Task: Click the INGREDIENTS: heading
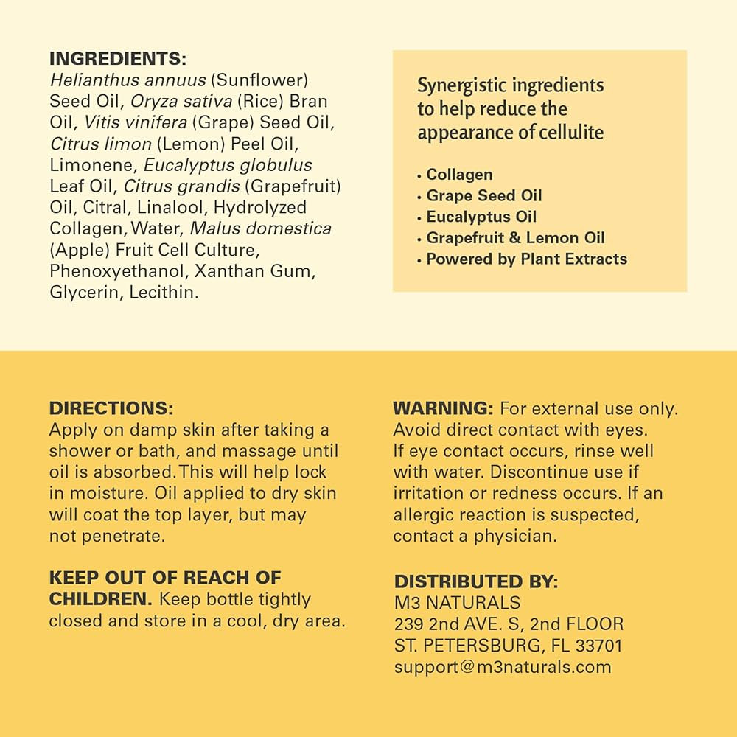[x=118, y=58]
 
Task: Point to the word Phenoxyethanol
[x=118, y=271]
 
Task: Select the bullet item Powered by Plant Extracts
[x=526, y=259]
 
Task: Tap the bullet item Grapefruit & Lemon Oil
[x=515, y=238]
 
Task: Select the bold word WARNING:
[x=442, y=408]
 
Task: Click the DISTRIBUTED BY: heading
[x=476, y=581]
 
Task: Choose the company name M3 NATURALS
[x=457, y=603]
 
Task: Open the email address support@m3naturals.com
[x=503, y=667]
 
